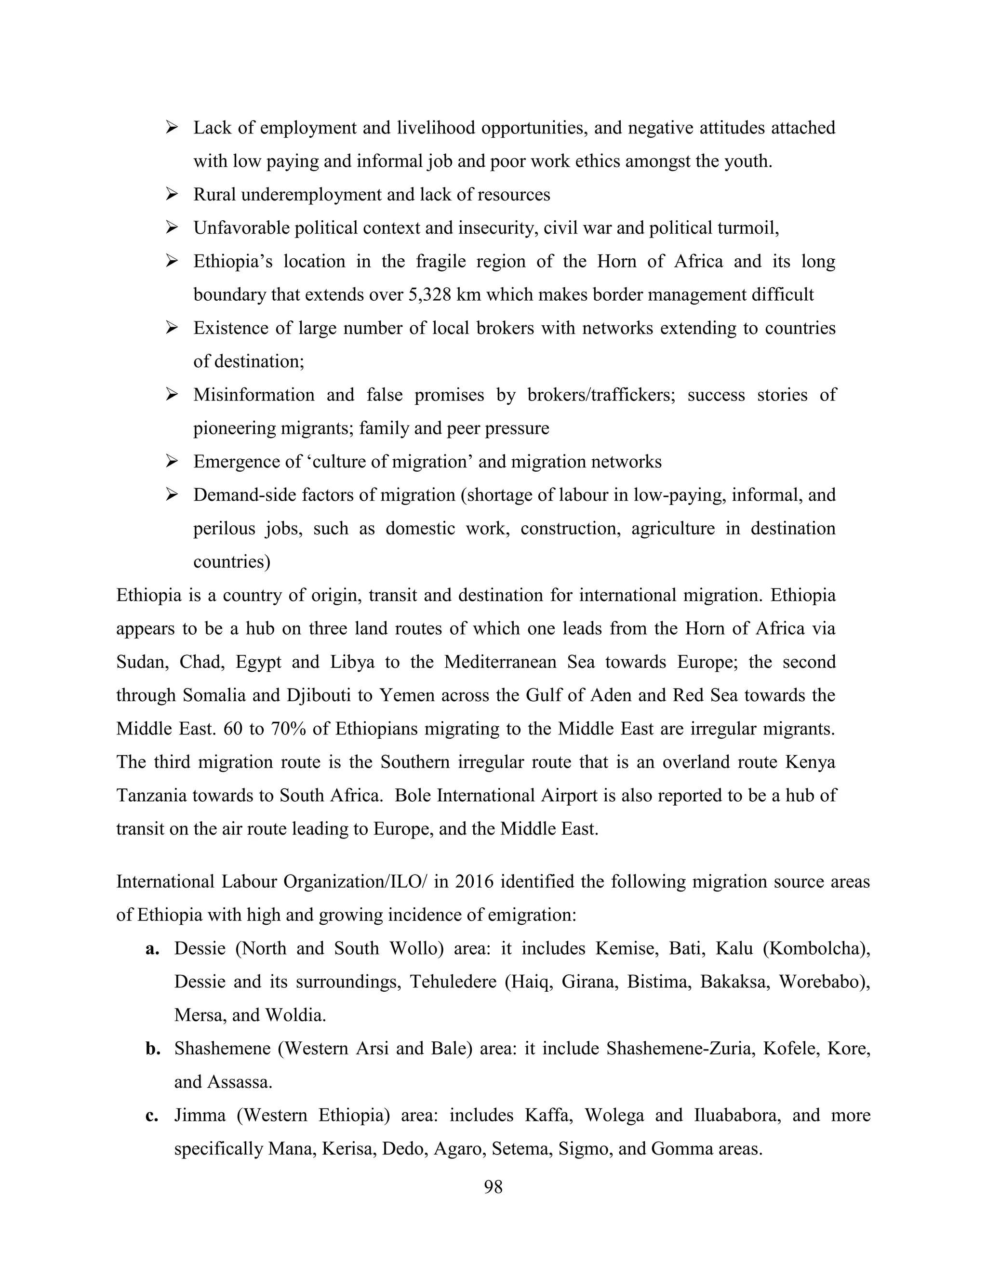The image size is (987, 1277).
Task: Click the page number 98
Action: (x=493, y=1186)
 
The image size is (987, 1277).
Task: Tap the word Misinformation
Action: (x=254, y=395)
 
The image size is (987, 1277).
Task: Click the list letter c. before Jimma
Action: (x=152, y=1115)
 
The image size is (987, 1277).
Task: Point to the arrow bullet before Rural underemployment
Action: (x=172, y=194)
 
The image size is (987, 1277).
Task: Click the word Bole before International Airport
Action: (x=413, y=795)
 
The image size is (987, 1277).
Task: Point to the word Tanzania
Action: (x=151, y=795)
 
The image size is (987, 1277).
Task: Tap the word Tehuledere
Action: (x=453, y=982)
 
